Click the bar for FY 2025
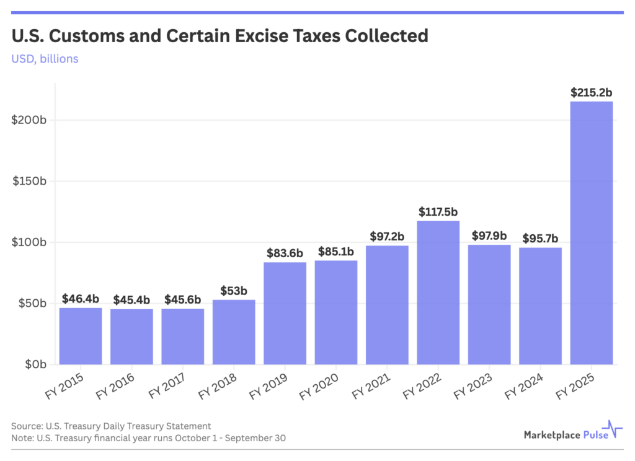(591, 232)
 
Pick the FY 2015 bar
(81, 336)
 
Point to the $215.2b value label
(592, 92)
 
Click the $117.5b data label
(438, 211)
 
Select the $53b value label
(234, 291)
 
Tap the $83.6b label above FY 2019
(285, 253)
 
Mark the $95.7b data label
(540, 238)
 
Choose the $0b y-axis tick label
(36, 364)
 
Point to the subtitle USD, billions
(45, 59)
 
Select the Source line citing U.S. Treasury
(111, 426)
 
